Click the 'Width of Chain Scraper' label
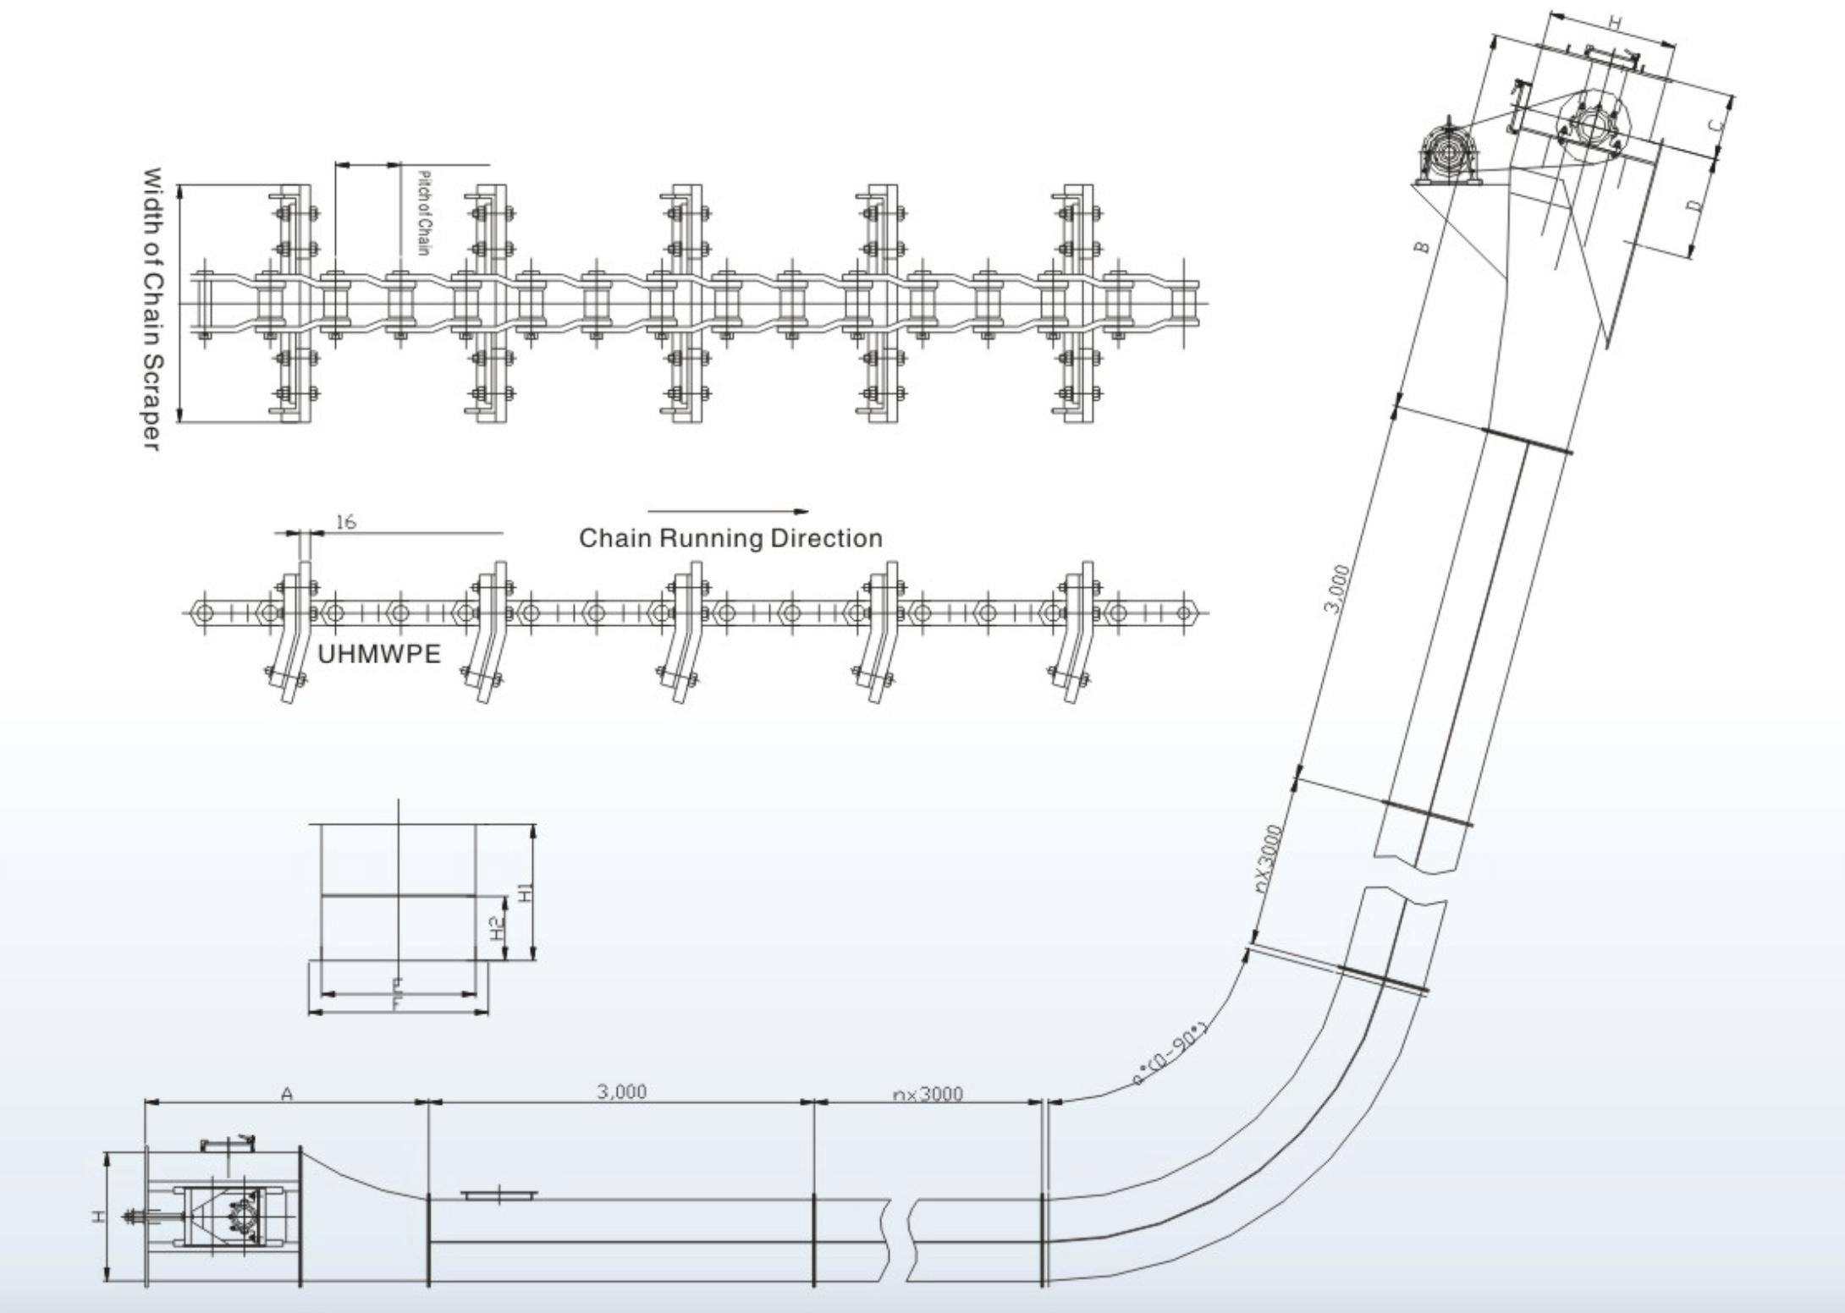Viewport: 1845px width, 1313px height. [x=151, y=309]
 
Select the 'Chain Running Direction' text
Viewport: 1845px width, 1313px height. [x=730, y=538]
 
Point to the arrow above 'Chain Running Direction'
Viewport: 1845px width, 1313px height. [x=728, y=511]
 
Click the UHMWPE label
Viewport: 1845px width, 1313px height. [x=379, y=654]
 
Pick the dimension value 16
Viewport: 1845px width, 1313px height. [x=345, y=522]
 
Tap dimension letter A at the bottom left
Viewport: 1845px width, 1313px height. [x=286, y=1095]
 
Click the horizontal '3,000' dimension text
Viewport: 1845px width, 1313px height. [x=621, y=1091]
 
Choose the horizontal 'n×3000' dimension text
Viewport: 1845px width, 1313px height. [x=928, y=1094]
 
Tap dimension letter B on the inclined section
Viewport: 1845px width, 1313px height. [x=1422, y=247]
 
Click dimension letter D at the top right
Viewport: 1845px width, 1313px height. [x=1694, y=206]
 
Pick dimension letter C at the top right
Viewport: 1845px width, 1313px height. [x=1715, y=125]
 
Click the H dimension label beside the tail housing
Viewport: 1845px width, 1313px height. [x=99, y=1217]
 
